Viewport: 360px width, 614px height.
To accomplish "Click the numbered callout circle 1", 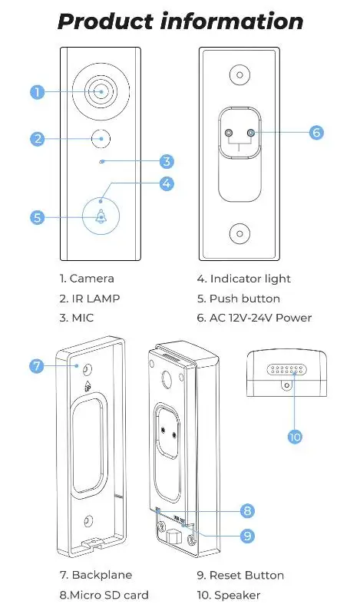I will (x=37, y=93).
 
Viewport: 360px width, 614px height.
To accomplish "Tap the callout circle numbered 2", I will (x=37, y=139).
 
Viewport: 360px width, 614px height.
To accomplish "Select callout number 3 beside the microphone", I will (x=167, y=161).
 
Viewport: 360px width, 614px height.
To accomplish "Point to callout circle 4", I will (x=167, y=183).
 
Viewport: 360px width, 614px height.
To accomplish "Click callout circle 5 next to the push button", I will (x=37, y=217).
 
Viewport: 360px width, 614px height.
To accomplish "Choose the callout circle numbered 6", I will (x=315, y=132).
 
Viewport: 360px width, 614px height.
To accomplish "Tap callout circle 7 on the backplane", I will (x=37, y=365).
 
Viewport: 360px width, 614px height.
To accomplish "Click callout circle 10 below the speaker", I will (x=295, y=437).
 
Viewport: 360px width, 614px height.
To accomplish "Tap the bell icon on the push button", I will (x=101, y=217).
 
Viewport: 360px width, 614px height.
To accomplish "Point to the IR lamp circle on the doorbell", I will (x=101, y=139).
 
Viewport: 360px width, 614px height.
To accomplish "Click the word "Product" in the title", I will (x=105, y=21).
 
